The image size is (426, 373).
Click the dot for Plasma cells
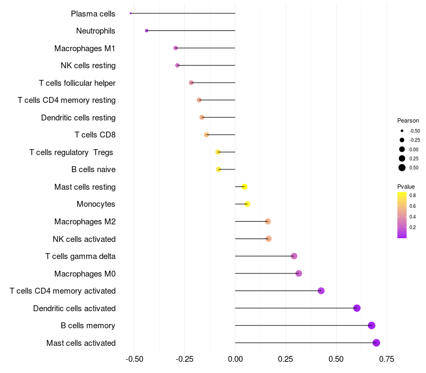coord(130,13)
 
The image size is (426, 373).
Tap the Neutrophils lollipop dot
coord(147,31)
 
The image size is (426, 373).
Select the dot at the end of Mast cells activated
coord(376,343)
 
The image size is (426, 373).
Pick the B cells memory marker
coord(372,326)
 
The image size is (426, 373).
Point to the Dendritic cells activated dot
coord(357,308)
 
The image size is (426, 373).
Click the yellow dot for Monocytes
coord(247,204)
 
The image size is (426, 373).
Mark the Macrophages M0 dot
coord(299,273)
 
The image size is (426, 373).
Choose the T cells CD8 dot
coord(207,135)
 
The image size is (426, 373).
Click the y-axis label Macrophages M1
coord(85,48)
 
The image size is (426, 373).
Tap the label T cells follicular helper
coord(77,83)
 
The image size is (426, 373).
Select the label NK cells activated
coord(84,239)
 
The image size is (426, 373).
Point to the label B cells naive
coord(94,169)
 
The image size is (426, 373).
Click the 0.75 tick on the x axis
coord(387,359)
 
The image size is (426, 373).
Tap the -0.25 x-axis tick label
coord(184,359)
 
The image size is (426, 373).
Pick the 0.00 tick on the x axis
coord(235,359)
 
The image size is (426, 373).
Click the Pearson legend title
coord(408,121)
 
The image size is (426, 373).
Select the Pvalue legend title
coord(406,187)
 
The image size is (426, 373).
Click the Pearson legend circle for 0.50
coord(402,168)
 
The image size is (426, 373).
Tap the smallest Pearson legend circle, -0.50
coord(402,131)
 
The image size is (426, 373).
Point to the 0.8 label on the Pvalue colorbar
coord(413,196)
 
